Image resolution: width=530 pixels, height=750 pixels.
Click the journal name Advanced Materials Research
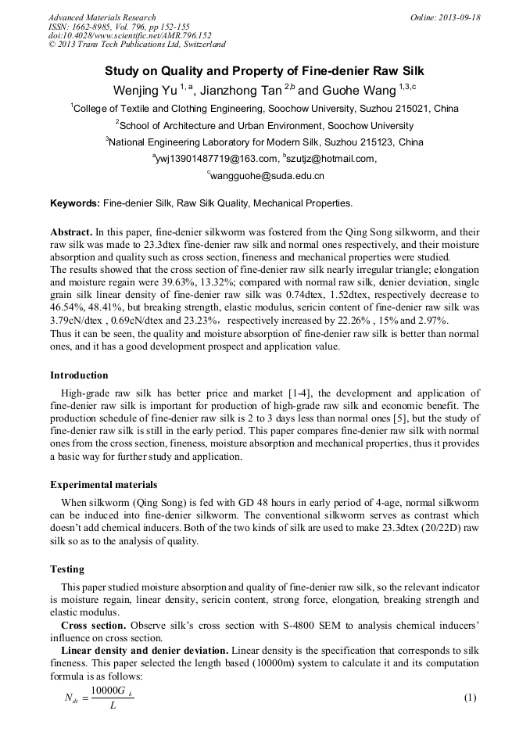[x=102, y=17]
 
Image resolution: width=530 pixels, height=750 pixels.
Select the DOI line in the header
[x=130, y=35]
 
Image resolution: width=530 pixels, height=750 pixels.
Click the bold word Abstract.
[x=71, y=233]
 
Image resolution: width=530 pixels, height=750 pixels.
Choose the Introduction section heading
[x=79, y=375]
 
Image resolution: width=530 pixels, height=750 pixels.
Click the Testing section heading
[x=67, y=569]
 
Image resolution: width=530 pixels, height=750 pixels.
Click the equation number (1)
[x=470, y=698]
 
